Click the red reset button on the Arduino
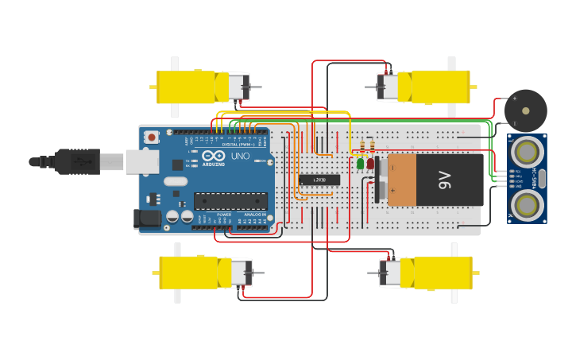point(151,137)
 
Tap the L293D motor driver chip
point(319,180)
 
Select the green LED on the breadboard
point(361,164)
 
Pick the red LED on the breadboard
point(371,163)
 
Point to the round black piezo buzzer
point(525,110)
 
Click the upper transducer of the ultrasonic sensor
point(526,151)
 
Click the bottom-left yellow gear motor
point(196,273)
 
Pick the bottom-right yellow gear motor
point(437,273)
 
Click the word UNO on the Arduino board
point(240,157)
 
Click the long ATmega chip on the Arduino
point(230,201)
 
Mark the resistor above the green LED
point(363,146)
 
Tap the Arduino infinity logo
point(213,156)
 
